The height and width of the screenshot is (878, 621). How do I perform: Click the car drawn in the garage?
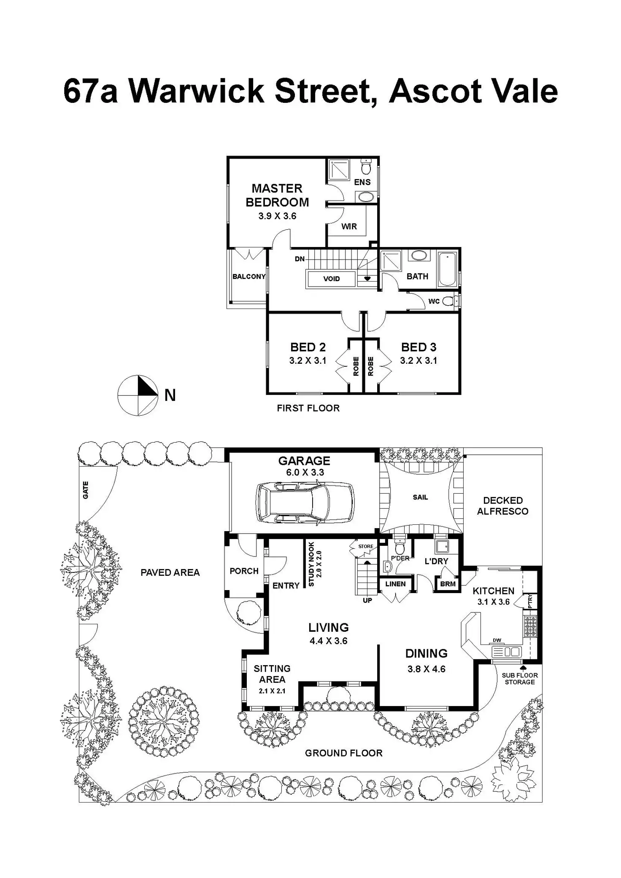coord(305,503)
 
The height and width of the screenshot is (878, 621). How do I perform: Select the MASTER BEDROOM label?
coord(277,195)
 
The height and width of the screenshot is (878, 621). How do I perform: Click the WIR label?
coord(349,226)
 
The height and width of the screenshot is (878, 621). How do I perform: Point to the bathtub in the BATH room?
coord(447,269)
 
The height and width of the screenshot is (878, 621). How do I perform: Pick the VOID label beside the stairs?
coord(331,279)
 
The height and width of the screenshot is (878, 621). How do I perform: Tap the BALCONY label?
coord(249,277)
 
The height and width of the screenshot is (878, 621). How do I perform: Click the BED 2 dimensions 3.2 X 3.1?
coord(308,360)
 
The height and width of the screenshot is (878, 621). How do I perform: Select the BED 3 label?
coord(418,347)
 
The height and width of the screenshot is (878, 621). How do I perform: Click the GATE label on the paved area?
coord(86,490)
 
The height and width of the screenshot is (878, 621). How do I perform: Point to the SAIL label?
coord(420,497)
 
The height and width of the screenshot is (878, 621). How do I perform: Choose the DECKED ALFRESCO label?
coord(502,506)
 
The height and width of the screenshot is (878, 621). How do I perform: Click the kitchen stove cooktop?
coord(530,626)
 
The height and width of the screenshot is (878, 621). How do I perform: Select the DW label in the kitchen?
coord(497,640)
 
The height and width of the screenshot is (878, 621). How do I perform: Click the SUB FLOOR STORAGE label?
coord(519,679)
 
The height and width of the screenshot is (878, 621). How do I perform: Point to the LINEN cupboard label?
coord(395,584)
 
